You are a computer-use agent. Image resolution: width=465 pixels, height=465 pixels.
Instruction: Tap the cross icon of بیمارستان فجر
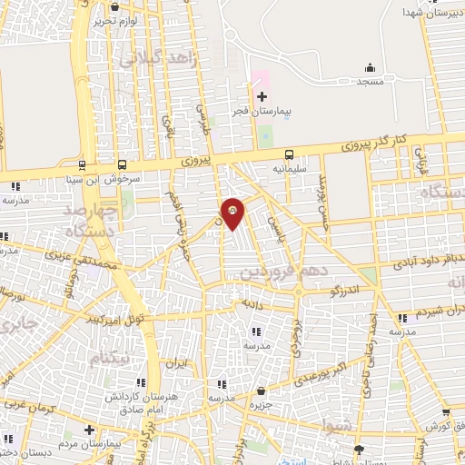[262, 96]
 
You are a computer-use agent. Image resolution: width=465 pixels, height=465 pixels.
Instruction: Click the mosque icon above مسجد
[370, 67]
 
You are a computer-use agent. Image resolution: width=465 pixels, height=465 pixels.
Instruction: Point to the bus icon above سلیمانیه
[290, 154]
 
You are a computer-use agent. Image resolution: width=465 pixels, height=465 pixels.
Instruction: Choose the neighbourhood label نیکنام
[115, 357]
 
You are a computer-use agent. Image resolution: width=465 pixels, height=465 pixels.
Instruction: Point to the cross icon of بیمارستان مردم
[89, 429]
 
